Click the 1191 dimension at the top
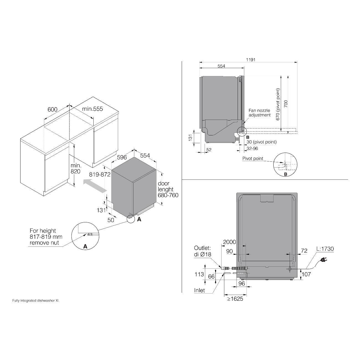pos(251,60)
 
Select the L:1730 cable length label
pos(325,249)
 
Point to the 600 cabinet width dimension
pos(52,109)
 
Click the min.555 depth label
pos(92,109)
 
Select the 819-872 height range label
pos(100,174)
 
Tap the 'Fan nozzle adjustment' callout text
pos(259,113)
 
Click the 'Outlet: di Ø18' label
pos(202,251)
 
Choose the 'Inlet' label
pos(199,290)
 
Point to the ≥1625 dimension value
pos(235,299)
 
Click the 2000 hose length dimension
pos(229,242)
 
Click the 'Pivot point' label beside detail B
pos(253,159)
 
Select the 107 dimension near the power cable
pos(306,274)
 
